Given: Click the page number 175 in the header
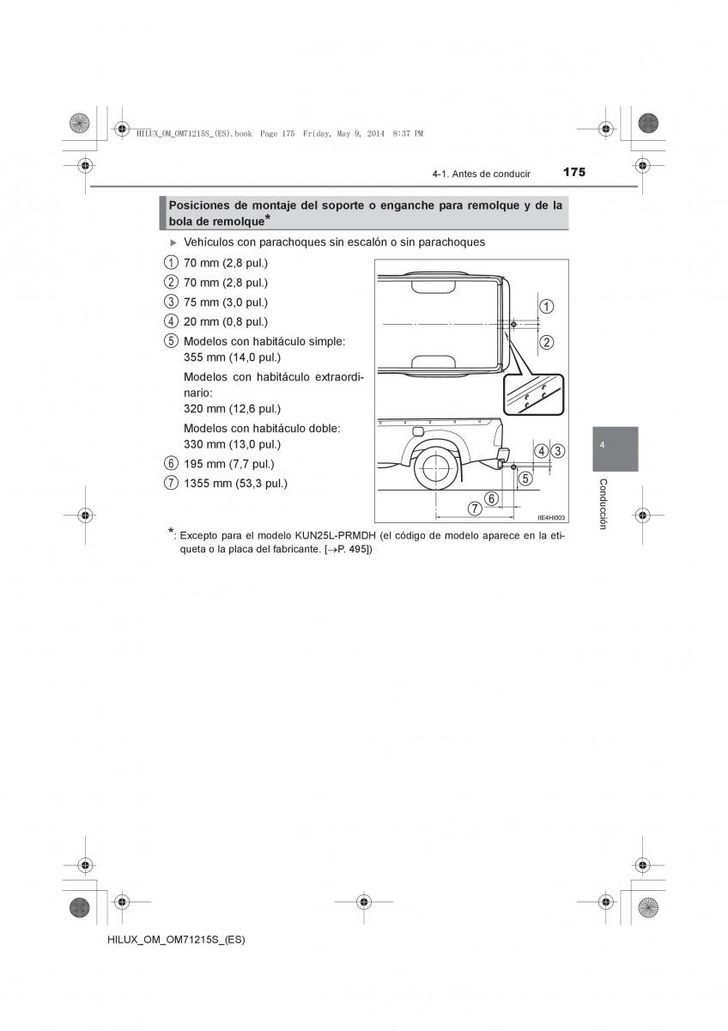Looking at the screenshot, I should click(574, 173).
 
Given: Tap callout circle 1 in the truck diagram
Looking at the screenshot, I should click(546, 306).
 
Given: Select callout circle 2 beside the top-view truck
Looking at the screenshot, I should click(546, 342).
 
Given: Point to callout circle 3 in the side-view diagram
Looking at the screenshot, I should click(558, 450).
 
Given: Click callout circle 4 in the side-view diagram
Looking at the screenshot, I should click(541, 450).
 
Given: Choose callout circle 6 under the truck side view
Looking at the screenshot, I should click(491, 497).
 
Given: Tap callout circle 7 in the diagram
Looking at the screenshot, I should click(474, 509).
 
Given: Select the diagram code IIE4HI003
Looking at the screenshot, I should click(551, 518).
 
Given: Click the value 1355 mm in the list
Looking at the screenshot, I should click(207, 483).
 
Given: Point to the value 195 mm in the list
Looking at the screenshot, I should click(203, 464).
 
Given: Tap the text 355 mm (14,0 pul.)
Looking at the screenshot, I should click(232, 357).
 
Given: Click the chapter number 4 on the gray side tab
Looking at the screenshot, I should click(603, 445).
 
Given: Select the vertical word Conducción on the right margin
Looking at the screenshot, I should click(603, 503).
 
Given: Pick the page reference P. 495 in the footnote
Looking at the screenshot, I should click(352, 550).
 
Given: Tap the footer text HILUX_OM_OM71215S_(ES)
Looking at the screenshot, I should click(160, 940).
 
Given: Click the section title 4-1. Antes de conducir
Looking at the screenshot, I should click(482, 174).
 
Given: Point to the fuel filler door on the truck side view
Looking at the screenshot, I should click(417, 431).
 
